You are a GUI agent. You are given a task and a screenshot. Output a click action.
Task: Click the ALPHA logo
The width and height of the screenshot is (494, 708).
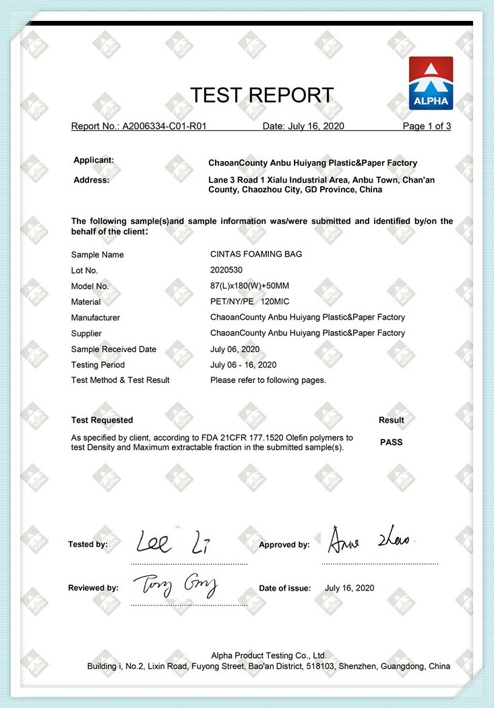[x=431, y=83]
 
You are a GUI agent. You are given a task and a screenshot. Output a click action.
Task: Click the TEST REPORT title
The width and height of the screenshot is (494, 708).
[x=261, y=95]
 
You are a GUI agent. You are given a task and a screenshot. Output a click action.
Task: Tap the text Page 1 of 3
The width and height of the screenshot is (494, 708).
[x=427, y=126]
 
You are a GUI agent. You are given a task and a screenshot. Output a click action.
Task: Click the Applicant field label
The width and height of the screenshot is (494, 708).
[x=94, y=160]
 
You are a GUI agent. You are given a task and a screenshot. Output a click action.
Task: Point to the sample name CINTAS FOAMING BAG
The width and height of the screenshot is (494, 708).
[x=256, y=254]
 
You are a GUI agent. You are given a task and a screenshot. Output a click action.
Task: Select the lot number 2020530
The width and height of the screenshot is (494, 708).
[x=226, y=270]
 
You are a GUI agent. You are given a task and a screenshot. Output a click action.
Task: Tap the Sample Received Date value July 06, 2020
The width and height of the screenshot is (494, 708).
[x=235, y=349]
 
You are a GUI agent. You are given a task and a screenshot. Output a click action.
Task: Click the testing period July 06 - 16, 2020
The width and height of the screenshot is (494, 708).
[x=243, y=365]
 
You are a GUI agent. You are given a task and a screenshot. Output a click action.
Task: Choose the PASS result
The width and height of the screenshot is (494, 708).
[x=392, y=442]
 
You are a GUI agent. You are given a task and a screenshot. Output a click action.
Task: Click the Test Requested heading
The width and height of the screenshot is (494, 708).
[x=102, y=420]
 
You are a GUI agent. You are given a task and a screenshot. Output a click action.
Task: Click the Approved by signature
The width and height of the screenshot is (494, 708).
[x=370, y=540]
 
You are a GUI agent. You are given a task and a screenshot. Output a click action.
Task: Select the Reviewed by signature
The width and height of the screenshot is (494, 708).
[x=175, y=586]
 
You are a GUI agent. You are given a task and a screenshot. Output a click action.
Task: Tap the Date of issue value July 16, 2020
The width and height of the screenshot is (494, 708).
[x=349, y=588]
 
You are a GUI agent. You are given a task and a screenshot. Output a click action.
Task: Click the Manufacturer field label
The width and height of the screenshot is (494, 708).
[x=96, y=318]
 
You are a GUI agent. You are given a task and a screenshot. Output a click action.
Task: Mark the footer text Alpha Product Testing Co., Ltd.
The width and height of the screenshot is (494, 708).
[x=269, y=655]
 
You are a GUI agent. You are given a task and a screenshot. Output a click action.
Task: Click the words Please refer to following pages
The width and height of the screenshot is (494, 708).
[x=268, y=380]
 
